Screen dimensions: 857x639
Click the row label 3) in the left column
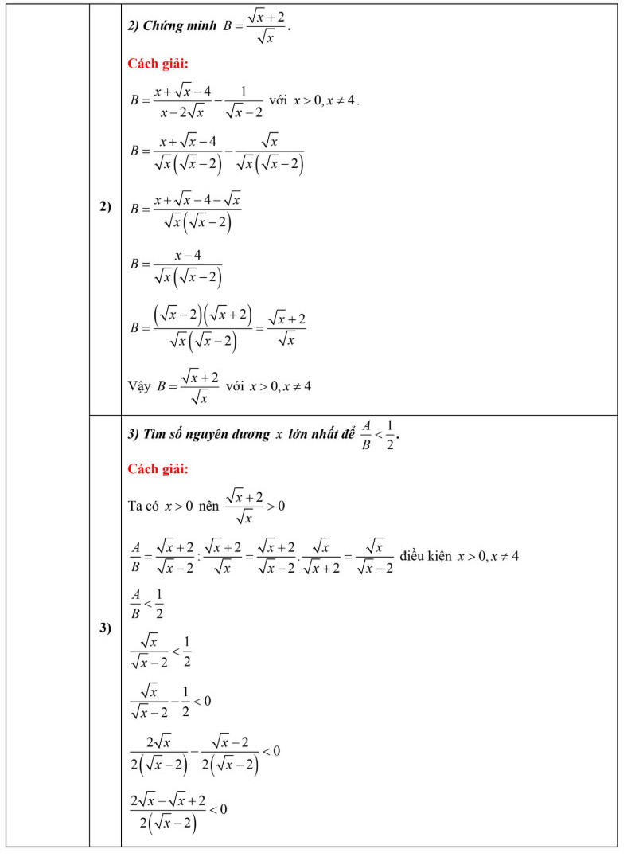click(105, 628)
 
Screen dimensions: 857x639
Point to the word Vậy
click(139, 387)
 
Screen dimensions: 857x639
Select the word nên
click(208, 506)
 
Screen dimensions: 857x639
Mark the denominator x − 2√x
click(185, 113)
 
